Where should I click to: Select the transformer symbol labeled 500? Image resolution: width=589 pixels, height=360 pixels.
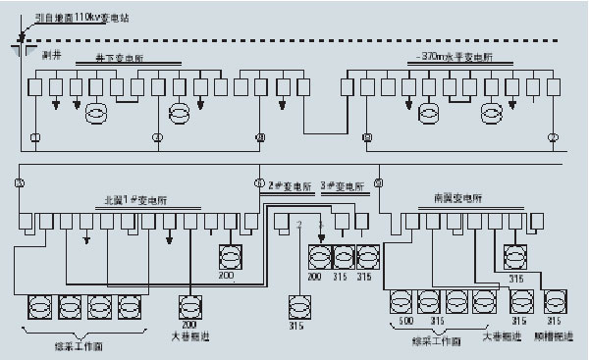(402, 301)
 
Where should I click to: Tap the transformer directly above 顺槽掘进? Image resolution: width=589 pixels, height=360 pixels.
(554, 301)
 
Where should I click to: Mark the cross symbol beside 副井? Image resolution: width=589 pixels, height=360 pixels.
(22, 43)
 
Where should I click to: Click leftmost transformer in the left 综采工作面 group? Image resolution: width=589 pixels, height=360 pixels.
(41, 306)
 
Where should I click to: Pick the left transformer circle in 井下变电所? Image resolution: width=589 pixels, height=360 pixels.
(95, 115)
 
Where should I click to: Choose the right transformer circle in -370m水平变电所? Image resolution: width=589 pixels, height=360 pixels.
(491, 115)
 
